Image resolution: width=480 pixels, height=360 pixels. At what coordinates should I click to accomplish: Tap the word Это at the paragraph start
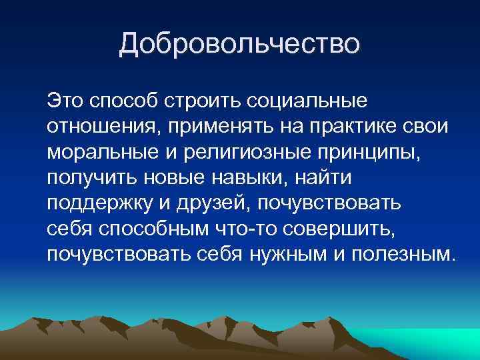pyautogui.click(x=65, y=102)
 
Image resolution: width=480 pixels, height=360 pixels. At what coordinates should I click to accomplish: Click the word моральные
pyautogui.click(x=99, y=153)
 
